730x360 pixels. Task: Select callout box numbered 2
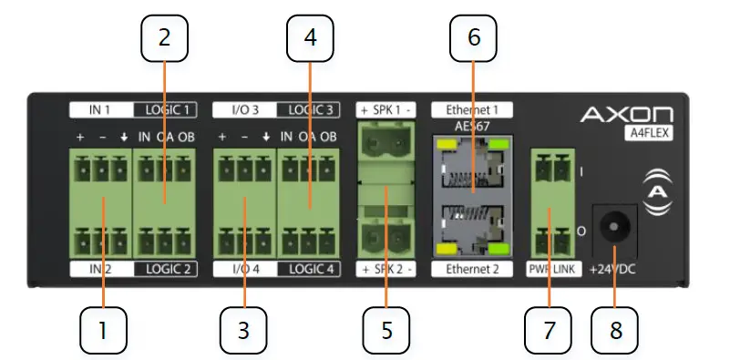click(x=164, y=39)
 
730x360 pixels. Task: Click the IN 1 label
click(x=100, y=110)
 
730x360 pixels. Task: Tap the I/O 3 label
click(x=244, y=110)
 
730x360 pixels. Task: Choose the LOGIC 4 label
click(x=308, y=269)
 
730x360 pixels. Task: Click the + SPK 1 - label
click(x=386, y=109)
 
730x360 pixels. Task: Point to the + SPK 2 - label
click(x=386, y=270)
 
